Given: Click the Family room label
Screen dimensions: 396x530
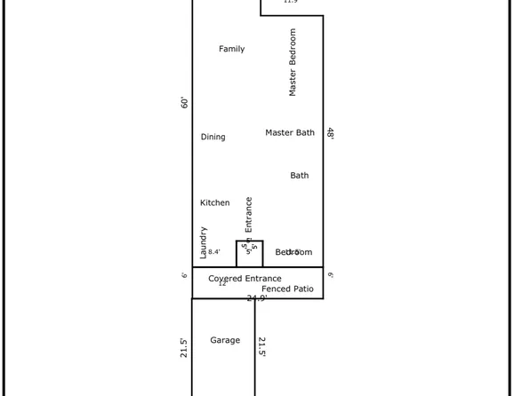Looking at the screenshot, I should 232,50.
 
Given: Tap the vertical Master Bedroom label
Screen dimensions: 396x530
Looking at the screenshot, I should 293,62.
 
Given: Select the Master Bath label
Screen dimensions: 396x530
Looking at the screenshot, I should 290,133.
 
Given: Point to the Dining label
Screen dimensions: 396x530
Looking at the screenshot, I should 213,138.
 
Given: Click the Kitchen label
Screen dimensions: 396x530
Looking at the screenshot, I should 215,203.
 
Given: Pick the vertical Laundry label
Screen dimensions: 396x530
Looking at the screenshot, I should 203,242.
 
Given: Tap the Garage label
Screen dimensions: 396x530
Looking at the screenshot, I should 225,340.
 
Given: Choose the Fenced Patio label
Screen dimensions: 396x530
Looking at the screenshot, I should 288,289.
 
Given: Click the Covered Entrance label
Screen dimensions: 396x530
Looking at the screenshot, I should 245,279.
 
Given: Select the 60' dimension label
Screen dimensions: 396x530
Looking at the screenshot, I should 185,103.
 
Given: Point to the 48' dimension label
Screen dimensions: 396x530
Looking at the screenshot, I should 331,133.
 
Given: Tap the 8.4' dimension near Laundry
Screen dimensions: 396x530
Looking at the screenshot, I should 214,252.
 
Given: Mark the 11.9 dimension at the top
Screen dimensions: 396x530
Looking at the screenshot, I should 290,2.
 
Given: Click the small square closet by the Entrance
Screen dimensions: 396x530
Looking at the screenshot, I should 249,254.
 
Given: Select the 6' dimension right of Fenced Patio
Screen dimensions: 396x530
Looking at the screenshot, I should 330,275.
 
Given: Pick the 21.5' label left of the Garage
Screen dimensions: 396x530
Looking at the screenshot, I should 185,346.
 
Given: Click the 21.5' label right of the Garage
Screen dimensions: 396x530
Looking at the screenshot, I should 262,346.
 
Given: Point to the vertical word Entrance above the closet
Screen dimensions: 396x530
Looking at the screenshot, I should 249,215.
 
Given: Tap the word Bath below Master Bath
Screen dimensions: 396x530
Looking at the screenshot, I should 300,176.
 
